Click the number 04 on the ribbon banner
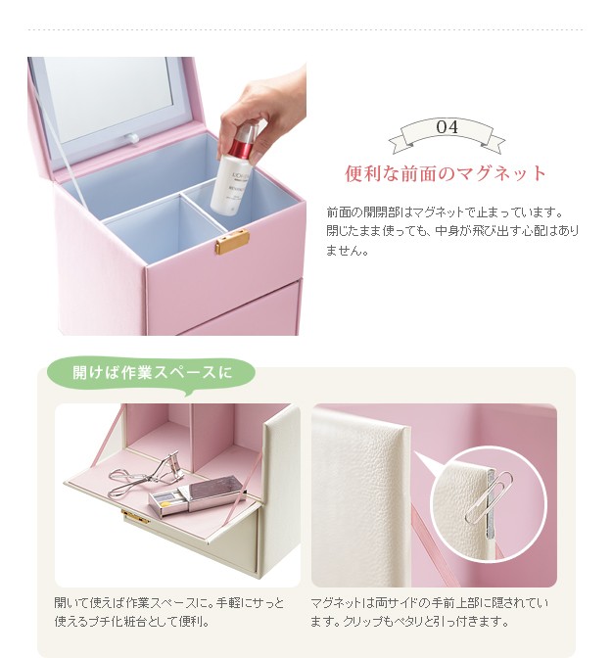coord(447,126)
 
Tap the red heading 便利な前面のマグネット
coord(446,173)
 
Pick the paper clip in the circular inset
coord(489,498)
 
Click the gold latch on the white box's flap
coord(135,517)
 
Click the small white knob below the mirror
coord(132,138)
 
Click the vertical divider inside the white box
coord(192,437)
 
